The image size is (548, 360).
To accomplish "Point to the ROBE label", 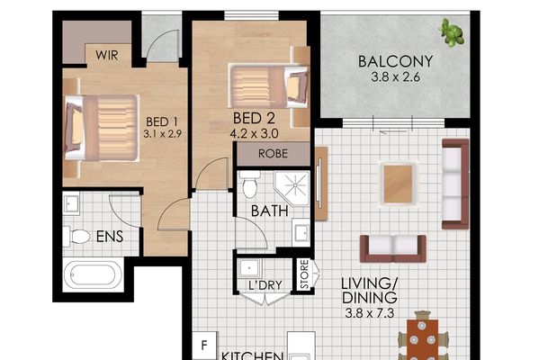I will (273, 153).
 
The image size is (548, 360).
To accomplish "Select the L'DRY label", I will (262, 286).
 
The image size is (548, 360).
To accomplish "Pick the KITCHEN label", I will (254, 355).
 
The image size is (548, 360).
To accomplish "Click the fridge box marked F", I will (205, 346).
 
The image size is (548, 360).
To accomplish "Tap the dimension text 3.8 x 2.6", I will (396, 78).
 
